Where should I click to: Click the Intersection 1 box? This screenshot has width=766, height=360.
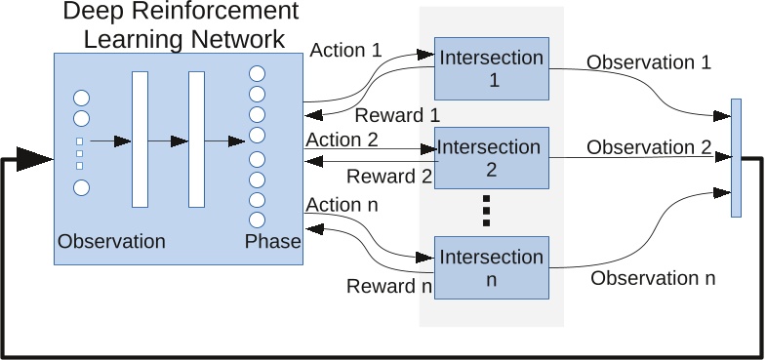click(x=492, y=69)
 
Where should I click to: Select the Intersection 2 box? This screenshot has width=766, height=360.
click(x=492, y=158)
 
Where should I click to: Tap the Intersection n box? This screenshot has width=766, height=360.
click(x=492, y=267)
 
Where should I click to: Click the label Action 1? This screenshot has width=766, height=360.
click(x=345, y=49)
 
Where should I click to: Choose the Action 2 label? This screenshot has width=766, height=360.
click(x=342, y=140)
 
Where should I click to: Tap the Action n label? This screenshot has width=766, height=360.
click(x=342, y=205)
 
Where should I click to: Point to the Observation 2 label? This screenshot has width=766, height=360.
click(x=649, y=147)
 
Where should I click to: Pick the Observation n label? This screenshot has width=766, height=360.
click(x=653, y=278)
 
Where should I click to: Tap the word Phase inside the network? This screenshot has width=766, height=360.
click(x=273, y=241)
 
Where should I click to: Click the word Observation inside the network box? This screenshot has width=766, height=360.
click(x=111, y=241)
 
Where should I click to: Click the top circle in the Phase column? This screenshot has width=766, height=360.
click(x=258, y=74)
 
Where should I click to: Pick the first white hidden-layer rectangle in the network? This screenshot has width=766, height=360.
click(x=140, y=140)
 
